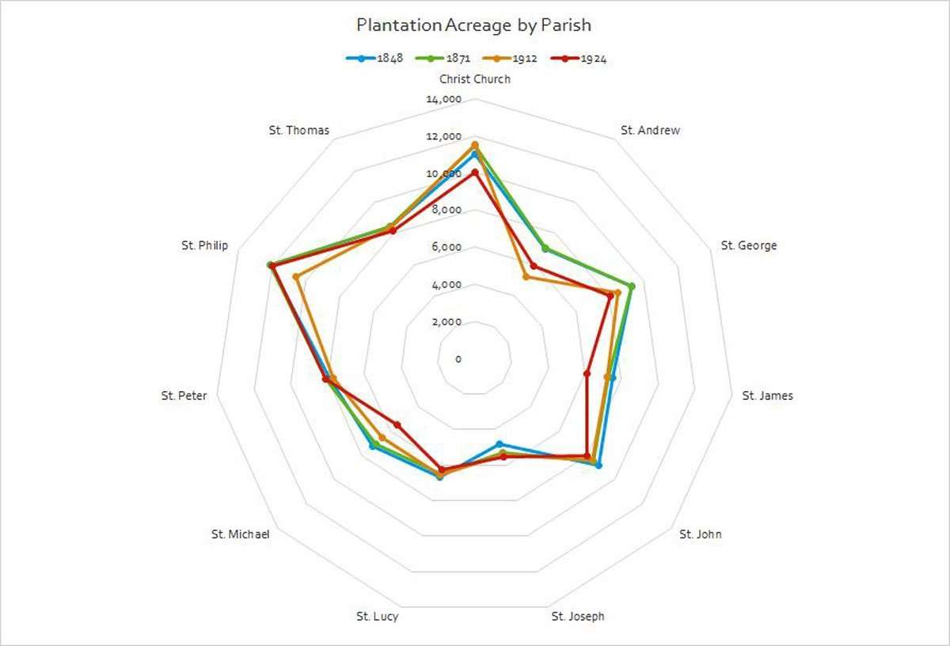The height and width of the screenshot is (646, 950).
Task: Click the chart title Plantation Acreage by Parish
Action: coord(473,25)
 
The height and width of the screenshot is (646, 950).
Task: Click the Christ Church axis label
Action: coord(475,79)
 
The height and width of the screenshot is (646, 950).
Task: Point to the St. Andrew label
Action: coord(650,131)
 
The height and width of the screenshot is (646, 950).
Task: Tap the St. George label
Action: coord(748,245)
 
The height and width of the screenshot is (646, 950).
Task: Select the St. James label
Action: coord(767,396)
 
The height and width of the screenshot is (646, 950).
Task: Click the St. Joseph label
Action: coord(578,617)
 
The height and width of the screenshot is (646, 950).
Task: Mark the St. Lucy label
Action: coord(372,617)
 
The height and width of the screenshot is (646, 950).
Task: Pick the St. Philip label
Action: coord(204,245)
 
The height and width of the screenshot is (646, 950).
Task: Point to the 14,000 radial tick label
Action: coord(443,100)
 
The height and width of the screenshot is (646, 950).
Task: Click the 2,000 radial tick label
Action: coord(446,322)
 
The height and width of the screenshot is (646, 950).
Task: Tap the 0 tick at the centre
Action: coord(458,359)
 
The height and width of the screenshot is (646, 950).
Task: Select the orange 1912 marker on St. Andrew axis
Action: coord(526,276)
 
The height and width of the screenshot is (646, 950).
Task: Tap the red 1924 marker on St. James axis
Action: coord(587,373)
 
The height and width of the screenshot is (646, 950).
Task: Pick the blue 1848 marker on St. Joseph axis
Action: coord(499,444)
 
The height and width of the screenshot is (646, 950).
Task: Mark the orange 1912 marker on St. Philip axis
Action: coord(296,277)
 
